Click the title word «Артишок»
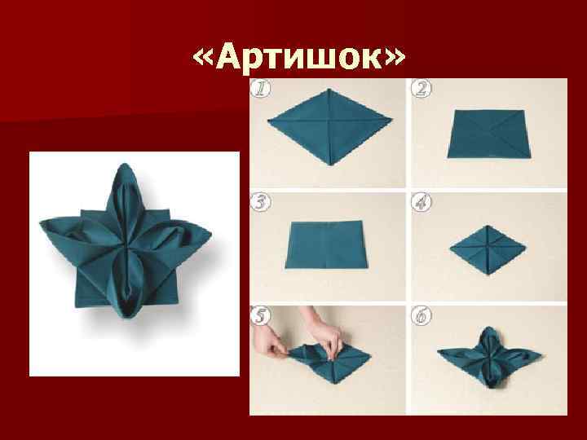(x=298, y=58)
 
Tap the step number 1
(x=260, y=89)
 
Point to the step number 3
(x=261, y=202)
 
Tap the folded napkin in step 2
(x=491, y=134)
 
